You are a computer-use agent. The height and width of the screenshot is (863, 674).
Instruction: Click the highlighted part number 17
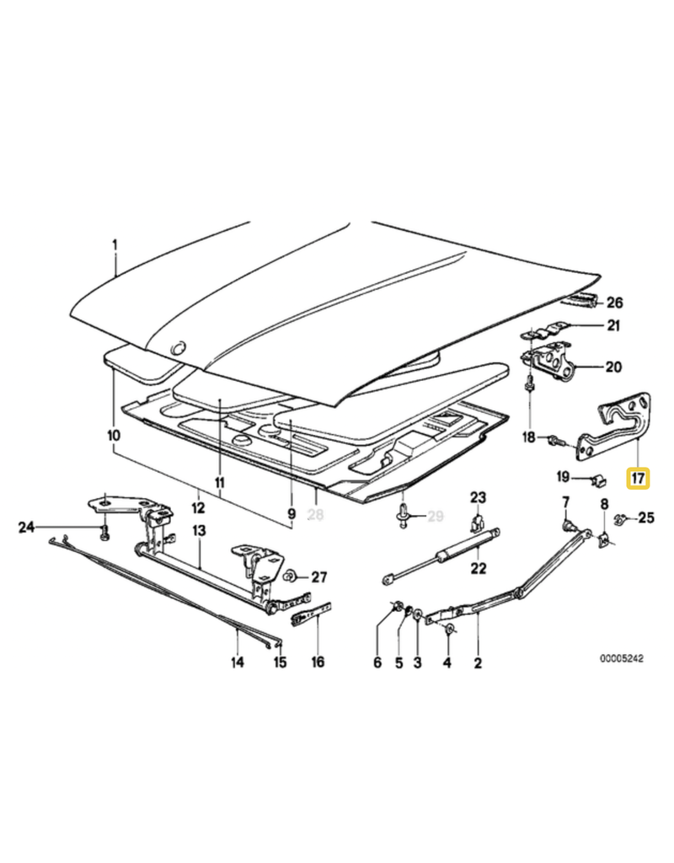[x=638, y=479]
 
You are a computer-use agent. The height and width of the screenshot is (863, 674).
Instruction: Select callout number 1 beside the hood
[x=116, y=245]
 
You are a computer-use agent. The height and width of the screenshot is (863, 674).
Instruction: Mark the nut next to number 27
[x=289, y=577]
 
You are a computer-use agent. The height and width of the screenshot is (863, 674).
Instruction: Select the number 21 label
[x=612, y=327]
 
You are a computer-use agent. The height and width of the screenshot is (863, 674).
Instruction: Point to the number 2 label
[x=478, y=662]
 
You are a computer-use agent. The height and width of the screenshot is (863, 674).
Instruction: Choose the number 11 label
[x=221, y=483]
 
